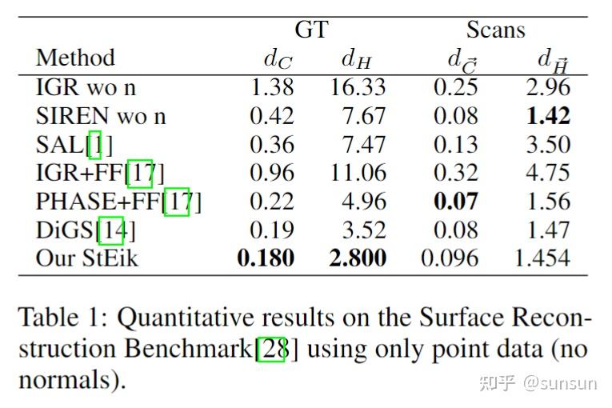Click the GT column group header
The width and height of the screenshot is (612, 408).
(x=311, y=30)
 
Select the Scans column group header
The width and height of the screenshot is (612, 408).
(x=495, y=30)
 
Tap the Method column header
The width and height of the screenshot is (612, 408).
(x=75, y=58)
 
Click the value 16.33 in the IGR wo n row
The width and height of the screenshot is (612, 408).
(x=358, y=87)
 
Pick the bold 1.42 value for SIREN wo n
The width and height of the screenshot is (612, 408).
(x=547, y=116)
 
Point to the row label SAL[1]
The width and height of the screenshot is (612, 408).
(x=74, y=145)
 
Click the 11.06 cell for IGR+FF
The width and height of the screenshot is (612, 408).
(x=358, y=173)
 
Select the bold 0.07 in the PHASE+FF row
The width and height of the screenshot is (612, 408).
(x=455, y=202)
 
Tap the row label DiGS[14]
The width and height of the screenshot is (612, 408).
(x=86, y=230)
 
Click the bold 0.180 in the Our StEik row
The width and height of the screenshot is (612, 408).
(x=266, y=258)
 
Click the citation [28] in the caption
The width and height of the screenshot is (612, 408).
(x=270, y=350)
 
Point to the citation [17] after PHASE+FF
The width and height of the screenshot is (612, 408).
(x=177, y=202)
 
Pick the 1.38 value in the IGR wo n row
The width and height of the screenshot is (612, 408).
(x=272, y=87)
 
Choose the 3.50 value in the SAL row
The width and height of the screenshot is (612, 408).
(x=547, y=145)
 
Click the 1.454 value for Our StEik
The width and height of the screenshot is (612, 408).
(x=542, y=258)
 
